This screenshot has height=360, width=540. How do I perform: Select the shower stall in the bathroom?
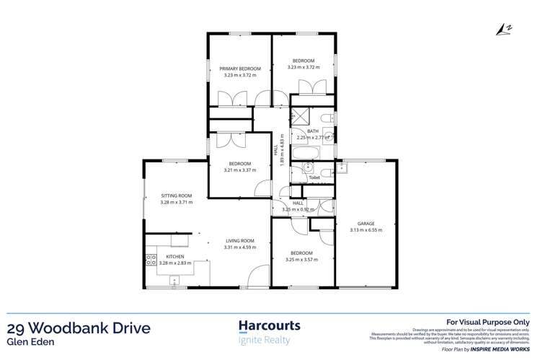point(301,118)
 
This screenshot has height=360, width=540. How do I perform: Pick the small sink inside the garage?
point(343,169)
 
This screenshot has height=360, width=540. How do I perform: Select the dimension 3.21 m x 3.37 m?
point(235,171)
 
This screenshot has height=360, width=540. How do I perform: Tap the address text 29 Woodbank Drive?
point(79,329)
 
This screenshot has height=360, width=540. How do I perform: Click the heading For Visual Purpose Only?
point(488,322)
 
